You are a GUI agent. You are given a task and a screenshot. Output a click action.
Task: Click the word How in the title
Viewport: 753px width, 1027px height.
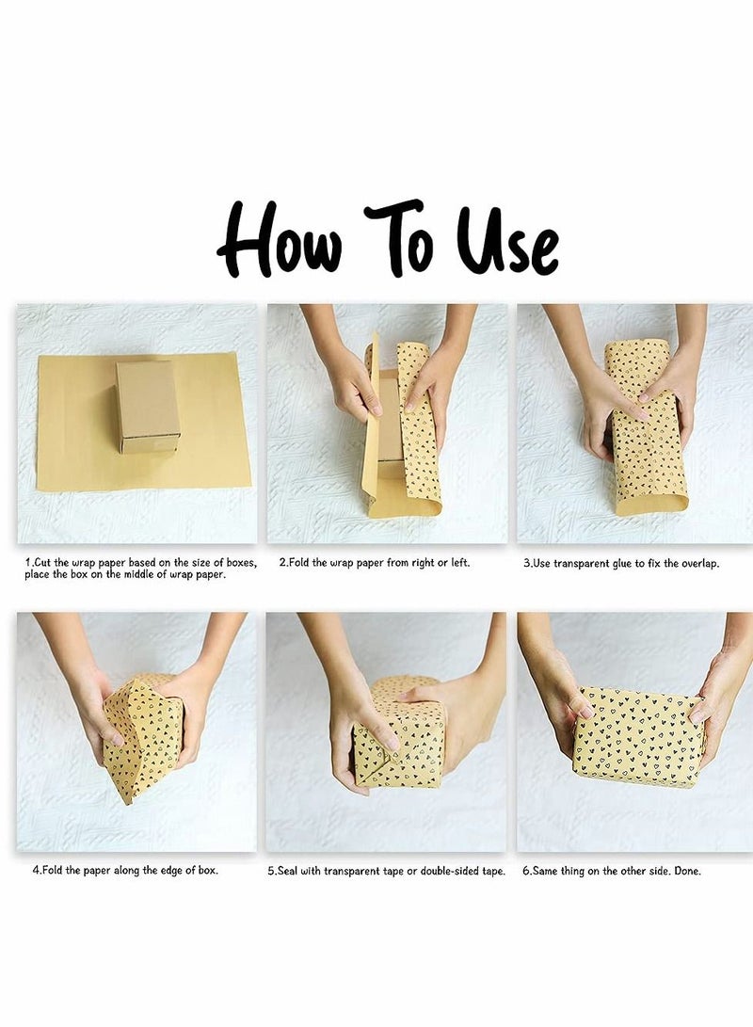coord(280,242)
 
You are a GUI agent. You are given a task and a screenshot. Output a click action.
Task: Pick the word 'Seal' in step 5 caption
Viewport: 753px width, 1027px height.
coord(287,871)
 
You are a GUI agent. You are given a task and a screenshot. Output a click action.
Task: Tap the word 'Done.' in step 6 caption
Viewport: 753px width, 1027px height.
coord(687,871)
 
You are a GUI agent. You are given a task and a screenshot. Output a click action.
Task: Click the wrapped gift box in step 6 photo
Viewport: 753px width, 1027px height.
coord(638,737)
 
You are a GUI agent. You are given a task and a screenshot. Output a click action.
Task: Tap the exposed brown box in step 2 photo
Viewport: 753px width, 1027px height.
coord(389,419)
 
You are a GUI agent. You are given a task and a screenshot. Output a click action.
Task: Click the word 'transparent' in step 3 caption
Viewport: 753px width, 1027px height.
coord(582,563)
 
